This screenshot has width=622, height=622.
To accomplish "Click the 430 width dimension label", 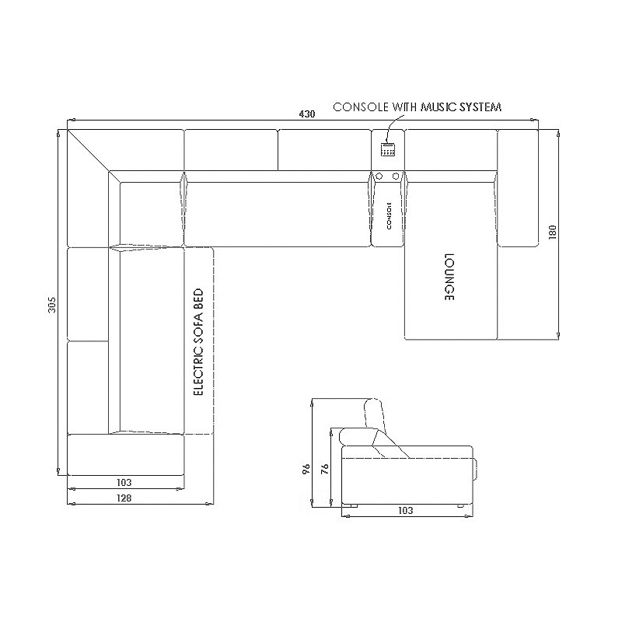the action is (x=306, y=114).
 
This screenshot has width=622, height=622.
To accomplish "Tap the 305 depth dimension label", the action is (x=52, y=305).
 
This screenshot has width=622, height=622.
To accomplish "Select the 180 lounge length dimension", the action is (x=552, y=232).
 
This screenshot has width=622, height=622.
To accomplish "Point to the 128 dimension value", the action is (x=124, y=498).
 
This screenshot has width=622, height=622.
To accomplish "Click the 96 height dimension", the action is (x=306, y=470).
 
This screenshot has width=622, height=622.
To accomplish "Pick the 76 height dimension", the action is (x=324, y=470).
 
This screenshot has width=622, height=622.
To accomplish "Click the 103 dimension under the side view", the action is (x=405, y=511).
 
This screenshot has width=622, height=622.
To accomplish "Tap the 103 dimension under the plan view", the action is (x=124, y=482).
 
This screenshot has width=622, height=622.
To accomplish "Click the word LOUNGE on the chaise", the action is (x=449, y=277).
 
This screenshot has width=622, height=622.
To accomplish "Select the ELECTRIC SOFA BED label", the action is (x=198, y=342).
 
